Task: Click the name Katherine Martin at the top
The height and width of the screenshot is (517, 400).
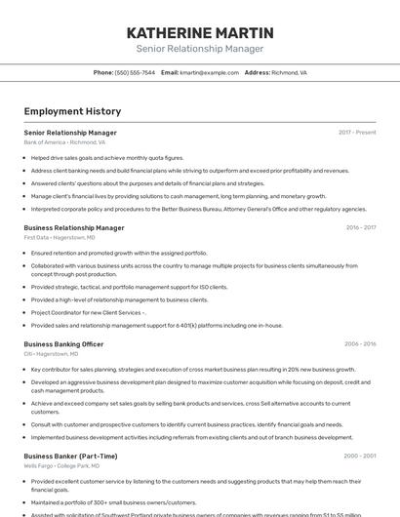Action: tap(200, 33)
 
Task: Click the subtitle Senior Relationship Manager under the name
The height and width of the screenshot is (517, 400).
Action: tap(200, 49)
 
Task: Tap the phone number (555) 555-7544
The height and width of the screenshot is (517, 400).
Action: tap(135, 73)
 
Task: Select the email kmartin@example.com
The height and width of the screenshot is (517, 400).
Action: tap(209, 73)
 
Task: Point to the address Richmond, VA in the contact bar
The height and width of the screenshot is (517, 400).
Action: tap(289, 73)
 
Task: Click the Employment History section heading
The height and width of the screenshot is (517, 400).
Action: tap(72, 111)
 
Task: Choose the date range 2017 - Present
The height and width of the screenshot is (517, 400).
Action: tap(357, 133)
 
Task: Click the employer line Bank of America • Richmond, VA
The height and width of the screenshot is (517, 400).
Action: tap(64, 142)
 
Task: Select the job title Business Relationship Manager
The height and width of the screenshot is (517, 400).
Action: tap(74, 227)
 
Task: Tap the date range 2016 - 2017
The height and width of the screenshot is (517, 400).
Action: tap(360, 227)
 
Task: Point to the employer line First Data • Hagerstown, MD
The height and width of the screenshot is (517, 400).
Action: tap(60, 237)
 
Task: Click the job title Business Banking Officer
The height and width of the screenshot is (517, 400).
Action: tap(63, 343)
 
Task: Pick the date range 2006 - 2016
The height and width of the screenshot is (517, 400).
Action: tap(360, 343)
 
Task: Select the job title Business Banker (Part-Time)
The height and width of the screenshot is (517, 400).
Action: tap(70, 456)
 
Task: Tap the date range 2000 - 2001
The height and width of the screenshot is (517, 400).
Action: tap(360, 456)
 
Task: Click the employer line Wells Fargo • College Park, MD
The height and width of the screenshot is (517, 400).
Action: tap(61, 466)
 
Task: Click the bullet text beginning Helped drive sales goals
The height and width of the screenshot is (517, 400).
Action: tap(107, 157)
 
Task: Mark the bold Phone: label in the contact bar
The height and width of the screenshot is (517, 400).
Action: tap(103, 73)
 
